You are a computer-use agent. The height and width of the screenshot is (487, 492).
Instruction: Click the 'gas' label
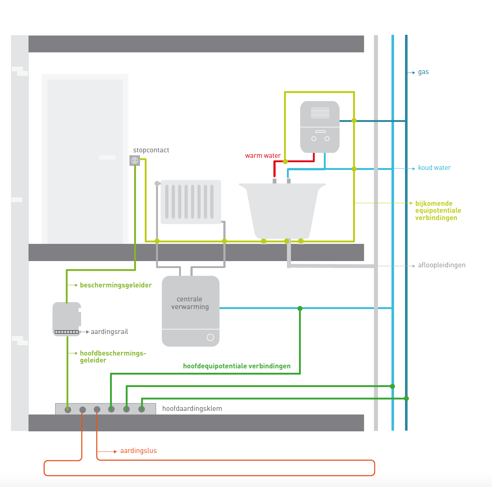point(423,72)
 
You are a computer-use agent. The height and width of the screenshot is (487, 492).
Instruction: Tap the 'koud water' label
point(434,168)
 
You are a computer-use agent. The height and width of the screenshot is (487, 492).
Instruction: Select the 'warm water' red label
point(263,156)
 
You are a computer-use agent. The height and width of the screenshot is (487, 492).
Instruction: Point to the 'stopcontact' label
point(151,150)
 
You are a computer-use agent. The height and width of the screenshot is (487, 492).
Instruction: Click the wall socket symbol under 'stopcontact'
point(135,160)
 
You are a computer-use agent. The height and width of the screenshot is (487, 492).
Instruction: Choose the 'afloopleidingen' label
point(442,265)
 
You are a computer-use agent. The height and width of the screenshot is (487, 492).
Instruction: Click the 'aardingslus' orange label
point(138,451)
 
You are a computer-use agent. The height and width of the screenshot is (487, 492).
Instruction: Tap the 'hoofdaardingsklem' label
point(192,409)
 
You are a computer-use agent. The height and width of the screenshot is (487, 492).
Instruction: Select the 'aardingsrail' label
point(109,332)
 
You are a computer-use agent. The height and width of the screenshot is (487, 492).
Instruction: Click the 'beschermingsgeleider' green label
point(116,285)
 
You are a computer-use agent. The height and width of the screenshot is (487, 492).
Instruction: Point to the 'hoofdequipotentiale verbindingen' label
point(236,366)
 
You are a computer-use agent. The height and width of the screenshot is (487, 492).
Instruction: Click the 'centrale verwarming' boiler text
point(190,303)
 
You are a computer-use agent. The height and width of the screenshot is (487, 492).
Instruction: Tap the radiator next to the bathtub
point(190,202)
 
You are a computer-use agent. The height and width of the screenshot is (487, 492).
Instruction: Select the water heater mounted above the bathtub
point(320,127)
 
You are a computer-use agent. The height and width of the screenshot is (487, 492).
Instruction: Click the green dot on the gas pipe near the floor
point(406,398)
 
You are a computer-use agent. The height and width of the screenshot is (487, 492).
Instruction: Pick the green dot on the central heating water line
point(300,308)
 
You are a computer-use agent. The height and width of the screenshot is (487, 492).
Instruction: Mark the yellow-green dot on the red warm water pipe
point(285,161)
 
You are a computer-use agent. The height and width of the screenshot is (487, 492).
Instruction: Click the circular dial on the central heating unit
point(210,337)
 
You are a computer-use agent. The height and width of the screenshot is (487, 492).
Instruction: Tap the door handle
point(107,157)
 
